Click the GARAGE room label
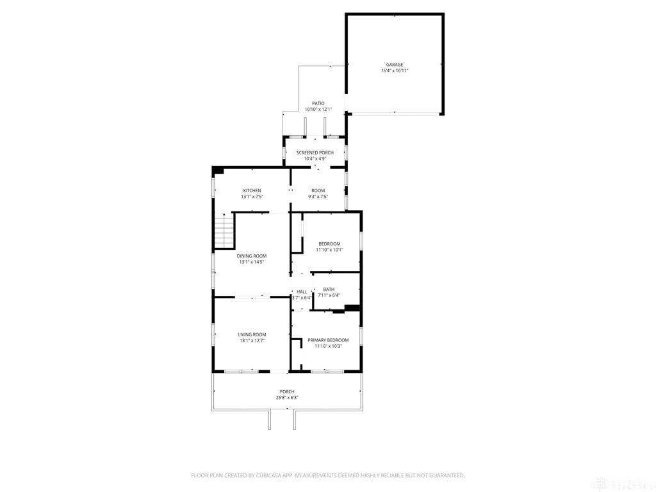tap(395, 65)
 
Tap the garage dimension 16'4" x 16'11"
tap(395, 71)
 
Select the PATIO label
tap(318, 103)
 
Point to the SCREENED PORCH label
tap(315, 152)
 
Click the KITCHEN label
tap(252, 191)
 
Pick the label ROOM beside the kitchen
tap(318, 191)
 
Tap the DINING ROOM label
tap(252, 256)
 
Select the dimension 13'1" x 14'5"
tap(252, 262)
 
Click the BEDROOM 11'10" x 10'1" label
tap(329, 243)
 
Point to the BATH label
tap(329, 290)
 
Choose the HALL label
tap(302, 292)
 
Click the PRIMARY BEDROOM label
tap(328, 340)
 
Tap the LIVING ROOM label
tap(252, 334)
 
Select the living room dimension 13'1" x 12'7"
tap(252, 341)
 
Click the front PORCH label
tap(287, 391)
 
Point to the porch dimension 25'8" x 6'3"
tap(287, 398)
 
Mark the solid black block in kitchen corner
tap(218, 171)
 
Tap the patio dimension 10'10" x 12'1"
tap(318, 110)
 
